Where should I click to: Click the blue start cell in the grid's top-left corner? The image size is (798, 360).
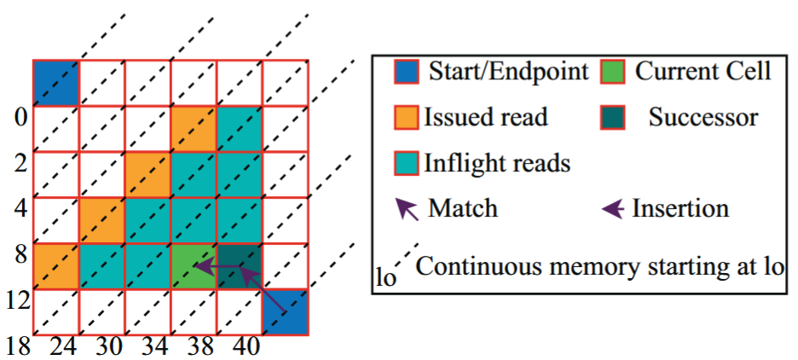56,83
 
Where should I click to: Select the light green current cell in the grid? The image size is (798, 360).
194,265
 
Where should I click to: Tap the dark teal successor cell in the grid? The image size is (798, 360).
240,265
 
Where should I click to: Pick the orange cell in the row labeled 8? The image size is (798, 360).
56,265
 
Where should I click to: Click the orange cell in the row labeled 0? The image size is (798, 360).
194,128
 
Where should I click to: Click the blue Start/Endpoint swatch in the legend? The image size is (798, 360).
407,71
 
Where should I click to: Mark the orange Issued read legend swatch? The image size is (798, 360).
407,117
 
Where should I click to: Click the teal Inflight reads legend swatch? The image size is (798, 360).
407,163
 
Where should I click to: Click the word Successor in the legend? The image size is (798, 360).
703,117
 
